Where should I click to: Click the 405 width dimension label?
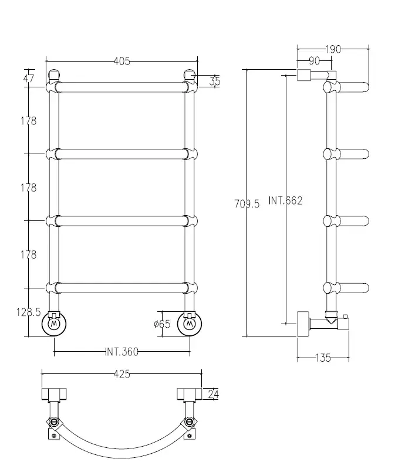(x=121, y=61)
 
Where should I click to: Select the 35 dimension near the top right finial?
(x=214, y=81)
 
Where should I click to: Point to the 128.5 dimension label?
(x=28, y=312)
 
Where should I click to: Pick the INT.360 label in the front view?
(x=121, y=352)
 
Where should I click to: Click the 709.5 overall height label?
(x=247, y=203)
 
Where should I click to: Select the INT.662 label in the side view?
(x=285, y=200)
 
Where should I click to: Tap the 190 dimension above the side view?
(x=332, y=49)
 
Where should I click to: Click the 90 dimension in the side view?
(x=313, y=61)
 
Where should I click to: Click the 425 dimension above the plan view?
(x=121, y=374)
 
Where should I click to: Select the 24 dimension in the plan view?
(x=214, y=395)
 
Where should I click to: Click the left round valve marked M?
(x=54, y=324)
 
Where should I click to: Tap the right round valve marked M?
(x=189, y=324)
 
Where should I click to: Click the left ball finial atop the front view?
(x=54, y=76)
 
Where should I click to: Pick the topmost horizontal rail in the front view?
(x=121, y=87)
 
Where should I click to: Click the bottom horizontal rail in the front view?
(x=121, y=288)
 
